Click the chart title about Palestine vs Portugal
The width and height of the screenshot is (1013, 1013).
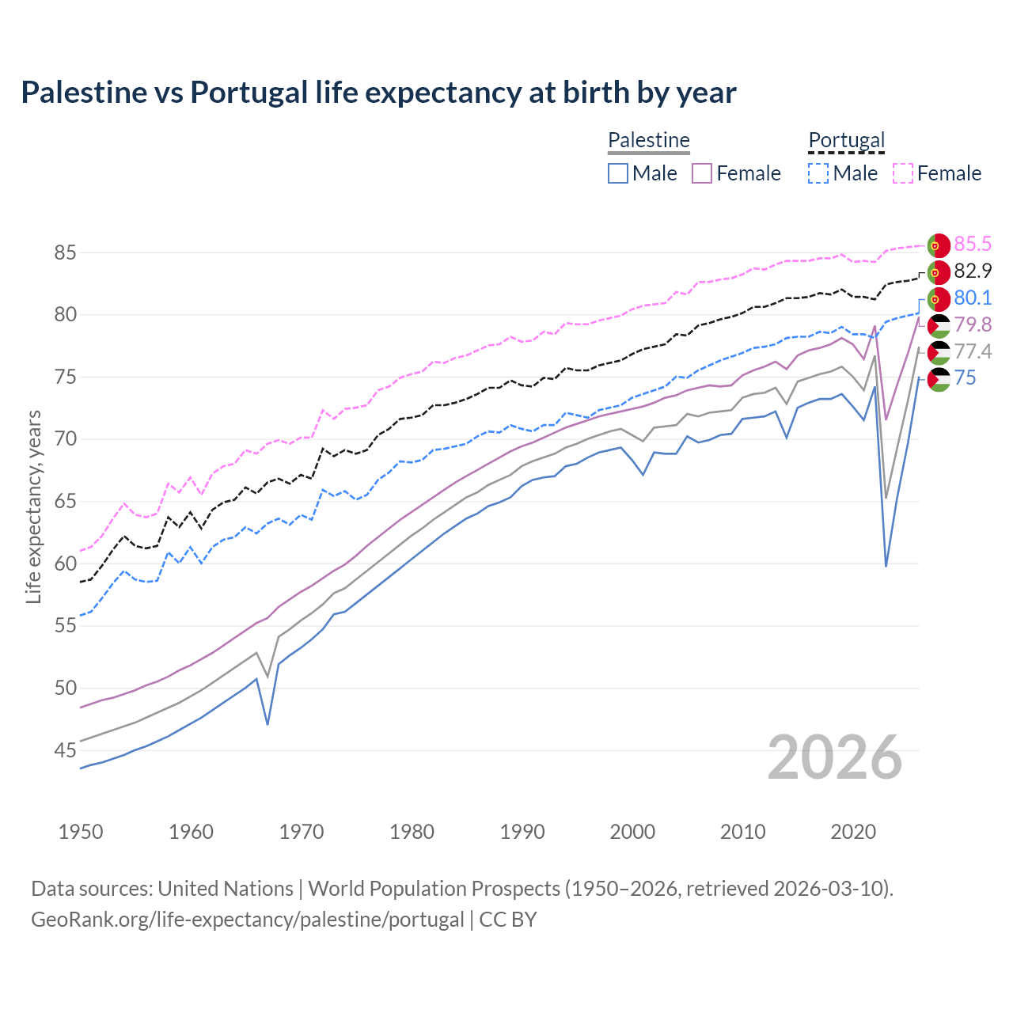(378, 93)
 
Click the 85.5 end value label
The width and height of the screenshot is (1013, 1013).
(973, 244)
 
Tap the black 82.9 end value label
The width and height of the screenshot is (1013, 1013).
(973, 271)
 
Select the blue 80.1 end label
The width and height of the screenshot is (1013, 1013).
(973, 298)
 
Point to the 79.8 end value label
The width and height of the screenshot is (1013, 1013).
(973, 324)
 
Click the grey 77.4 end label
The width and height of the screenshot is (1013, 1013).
(973, 351)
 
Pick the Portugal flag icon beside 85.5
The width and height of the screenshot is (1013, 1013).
(938, 245)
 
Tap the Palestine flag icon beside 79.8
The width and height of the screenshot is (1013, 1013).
(938, 326)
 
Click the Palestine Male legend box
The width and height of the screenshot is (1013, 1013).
(618, 173)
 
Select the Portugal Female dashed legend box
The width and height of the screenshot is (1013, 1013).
(903, 173)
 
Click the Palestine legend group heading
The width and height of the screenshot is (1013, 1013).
(649, 140)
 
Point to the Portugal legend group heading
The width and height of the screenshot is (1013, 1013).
(846, 140)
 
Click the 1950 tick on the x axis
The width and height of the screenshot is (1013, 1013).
(81, 832)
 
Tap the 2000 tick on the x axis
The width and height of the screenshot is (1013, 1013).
(632, 832)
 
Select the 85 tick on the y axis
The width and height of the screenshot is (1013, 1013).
(65, 253)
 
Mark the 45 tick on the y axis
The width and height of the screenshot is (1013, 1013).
(65, 750)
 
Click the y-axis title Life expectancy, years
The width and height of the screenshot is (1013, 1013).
(33, 506)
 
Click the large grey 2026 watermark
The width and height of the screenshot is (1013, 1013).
(834, 757)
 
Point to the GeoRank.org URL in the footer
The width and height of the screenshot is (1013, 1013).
(247, 920)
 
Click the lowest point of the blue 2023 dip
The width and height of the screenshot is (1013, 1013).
(886, 565)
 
